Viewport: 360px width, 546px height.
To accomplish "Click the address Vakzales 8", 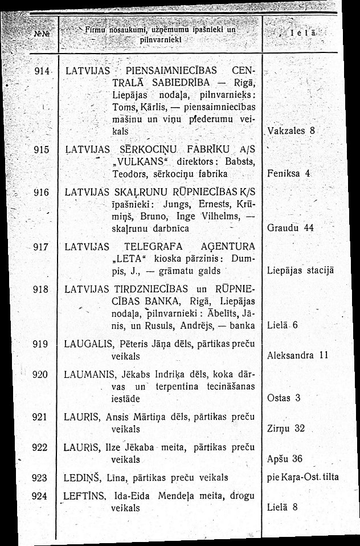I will click(292, 131).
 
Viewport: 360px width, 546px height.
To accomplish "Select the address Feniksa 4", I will click(289, 172).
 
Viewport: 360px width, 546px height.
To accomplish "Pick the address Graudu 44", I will click(291, 228).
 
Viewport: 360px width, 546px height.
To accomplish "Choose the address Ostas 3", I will click(283, 397).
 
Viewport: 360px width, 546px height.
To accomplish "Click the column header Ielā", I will click(304, 34).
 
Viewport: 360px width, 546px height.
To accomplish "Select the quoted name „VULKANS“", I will click(132, 161).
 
